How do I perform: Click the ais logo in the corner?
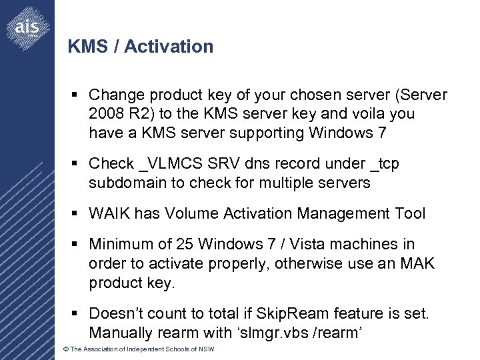point(27,27)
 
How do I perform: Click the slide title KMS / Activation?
point(141,47)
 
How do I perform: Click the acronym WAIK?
point(109,213)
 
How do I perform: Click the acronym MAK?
point(417,263)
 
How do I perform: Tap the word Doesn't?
point(117,313)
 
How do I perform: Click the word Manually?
point(120,333)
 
